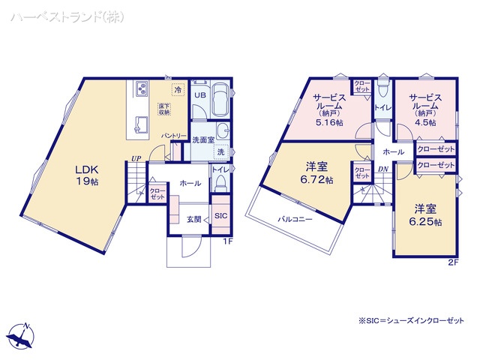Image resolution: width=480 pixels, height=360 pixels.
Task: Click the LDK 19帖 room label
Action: click(86, 175)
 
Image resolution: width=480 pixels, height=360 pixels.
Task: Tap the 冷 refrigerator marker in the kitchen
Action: click(178, 90)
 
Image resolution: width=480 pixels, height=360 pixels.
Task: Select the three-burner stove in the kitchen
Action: click(142, 90)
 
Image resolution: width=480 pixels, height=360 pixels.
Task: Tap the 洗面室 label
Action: click(203, 139)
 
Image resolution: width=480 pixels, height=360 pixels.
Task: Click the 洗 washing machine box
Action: click(221, 152)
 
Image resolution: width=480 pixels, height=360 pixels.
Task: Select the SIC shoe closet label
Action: click(220, 216)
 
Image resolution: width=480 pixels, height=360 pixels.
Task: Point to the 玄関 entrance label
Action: click(193, 218)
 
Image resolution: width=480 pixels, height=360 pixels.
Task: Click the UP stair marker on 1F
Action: click(135, 158)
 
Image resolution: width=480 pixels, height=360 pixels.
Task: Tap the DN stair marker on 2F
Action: click(382, 169)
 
